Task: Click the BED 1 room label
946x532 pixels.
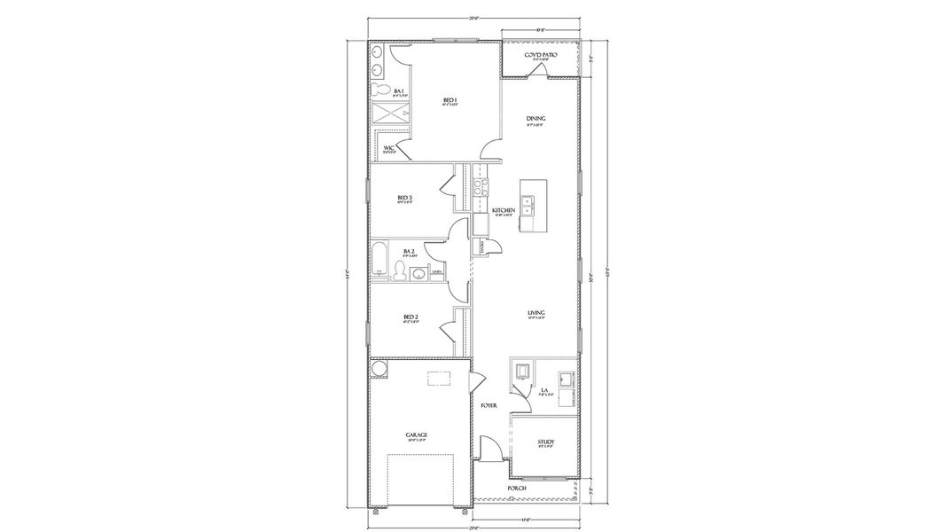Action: click(x=450, y=100)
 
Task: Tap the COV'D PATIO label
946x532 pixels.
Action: click(x=540, y=55)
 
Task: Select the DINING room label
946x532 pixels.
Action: click(x=536, y=119)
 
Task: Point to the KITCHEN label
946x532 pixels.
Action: click(x=504, y=210)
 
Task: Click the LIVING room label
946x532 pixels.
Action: click(x=536, y=313)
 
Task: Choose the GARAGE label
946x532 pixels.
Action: click(x=417, y=434)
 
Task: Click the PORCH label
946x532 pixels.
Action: click(x=517, y=489)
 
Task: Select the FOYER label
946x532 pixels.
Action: click(x=489, y=405)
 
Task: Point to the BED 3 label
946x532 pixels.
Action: click(x=404, y=198)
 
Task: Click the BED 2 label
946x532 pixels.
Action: click(x=410, y=317)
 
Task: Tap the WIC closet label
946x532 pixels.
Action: click(x=388, y=148)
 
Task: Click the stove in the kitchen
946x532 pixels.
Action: click(x=481, y=186)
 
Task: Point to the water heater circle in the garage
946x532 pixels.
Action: click(x=379, y=368)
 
